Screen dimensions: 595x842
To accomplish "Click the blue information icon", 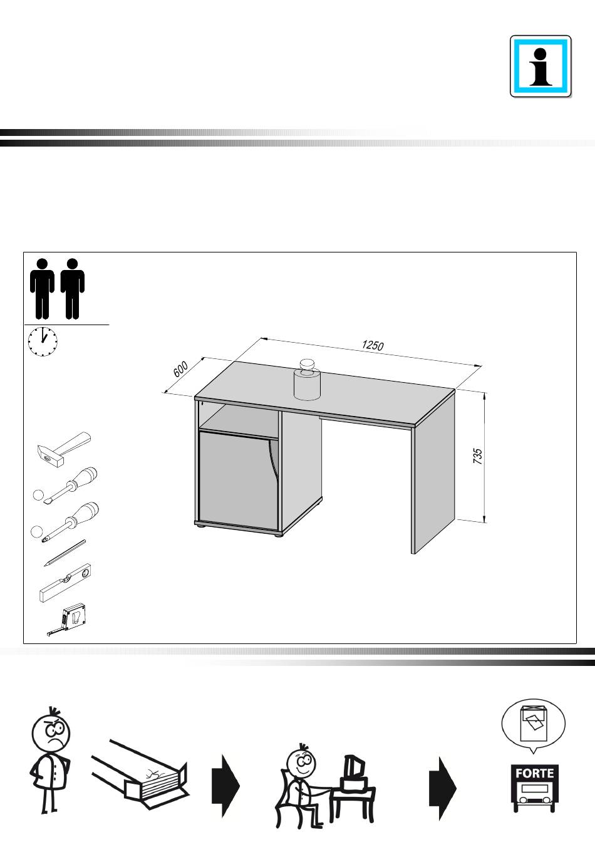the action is coord(541,66).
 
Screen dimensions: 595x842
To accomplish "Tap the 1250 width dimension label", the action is coord(373,345).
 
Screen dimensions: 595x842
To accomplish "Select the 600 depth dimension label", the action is coord(180,369).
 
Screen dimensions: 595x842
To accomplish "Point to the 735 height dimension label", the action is coord(477,456).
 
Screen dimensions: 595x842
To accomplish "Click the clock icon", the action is coord(43,341).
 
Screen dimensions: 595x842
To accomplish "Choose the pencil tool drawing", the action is coord(65,553).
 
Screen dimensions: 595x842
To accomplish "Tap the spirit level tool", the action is coord(65,583).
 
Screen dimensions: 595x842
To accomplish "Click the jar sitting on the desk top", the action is coord(307,380).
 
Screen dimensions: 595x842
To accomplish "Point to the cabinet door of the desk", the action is coord(238,480).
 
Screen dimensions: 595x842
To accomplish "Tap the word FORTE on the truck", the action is coord(534,773).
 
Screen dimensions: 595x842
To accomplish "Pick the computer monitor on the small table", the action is coord(354,767).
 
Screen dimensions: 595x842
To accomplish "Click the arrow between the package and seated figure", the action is coord(225,786).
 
